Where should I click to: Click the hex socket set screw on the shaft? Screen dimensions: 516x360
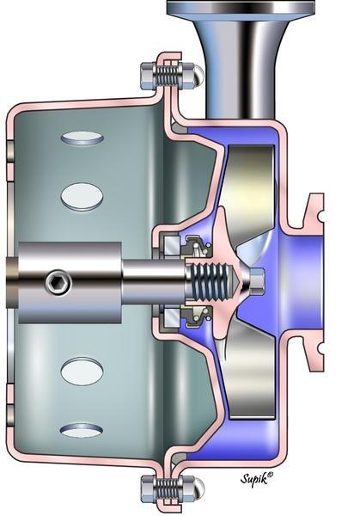(58, 281)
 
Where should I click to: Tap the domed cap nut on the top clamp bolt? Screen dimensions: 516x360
(197, 74)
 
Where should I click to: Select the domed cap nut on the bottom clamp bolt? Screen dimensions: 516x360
(197, 490)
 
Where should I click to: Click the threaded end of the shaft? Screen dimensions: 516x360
(212, 281)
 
